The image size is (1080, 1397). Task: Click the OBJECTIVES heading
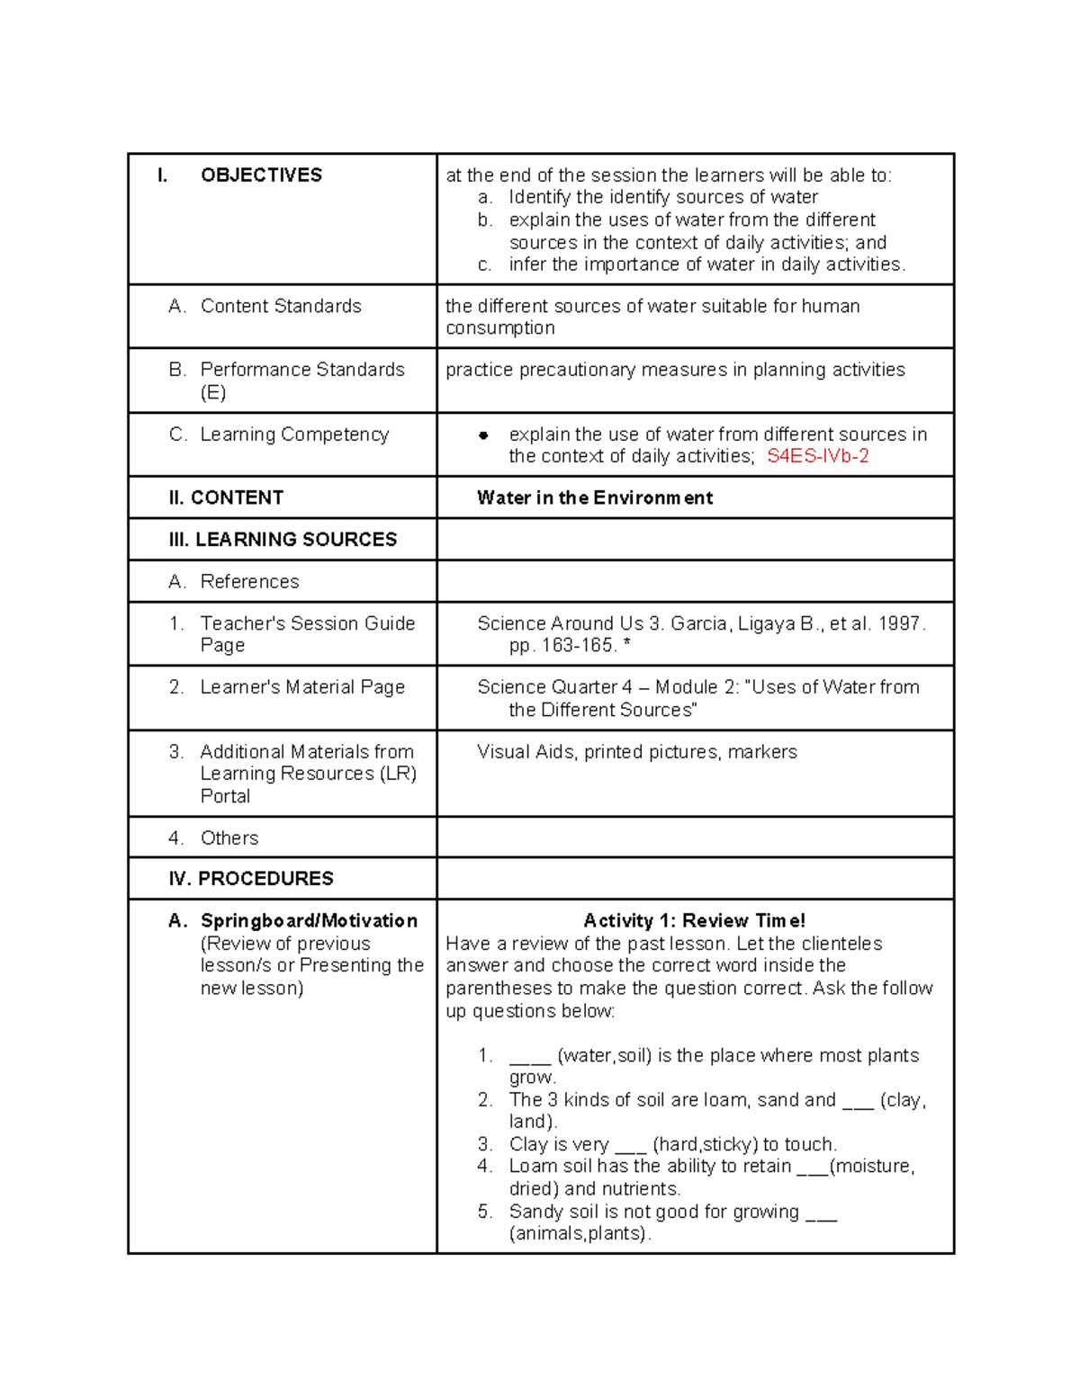click(x=261, y=175)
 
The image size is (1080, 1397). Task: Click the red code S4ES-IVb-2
click(x=817, y=456)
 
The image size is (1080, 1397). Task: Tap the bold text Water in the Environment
click(x=595, y=498)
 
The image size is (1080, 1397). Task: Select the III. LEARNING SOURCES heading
click(x=283, y=540)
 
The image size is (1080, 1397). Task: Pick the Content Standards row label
click(x=281, y=307)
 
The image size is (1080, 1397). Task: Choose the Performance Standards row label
click(x=301, y=370)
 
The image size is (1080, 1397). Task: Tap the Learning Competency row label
click(x=294, y=434)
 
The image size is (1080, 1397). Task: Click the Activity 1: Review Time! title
click(x=694, y=921)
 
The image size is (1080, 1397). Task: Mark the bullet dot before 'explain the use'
click(x=483, y=435)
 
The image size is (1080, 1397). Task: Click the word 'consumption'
click(x=500, y=328)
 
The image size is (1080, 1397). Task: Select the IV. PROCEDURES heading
click(x=251, y=879)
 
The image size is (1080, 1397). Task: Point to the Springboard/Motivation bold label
click(x=309, y=921)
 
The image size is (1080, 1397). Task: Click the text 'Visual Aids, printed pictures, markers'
click(x=637, y=752)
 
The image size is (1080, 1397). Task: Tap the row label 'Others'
click(x=229, y=838)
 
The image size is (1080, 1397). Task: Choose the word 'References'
click(x=249, y=582)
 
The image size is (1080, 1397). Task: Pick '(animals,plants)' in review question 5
click(x=579, y=1234)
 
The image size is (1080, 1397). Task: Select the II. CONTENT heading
click(x=226, y=498)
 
